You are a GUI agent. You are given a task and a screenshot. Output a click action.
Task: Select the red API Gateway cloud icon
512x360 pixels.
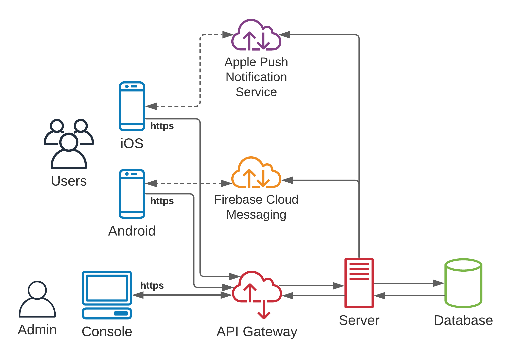coord(256,289)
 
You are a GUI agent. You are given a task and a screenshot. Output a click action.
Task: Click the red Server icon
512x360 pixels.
coord(359,283)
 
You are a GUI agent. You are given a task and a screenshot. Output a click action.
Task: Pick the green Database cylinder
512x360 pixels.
coord(463,283)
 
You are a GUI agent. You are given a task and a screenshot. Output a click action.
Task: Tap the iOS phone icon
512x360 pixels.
coord(132,106)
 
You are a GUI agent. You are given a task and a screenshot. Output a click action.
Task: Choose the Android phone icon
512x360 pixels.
coord(132,194)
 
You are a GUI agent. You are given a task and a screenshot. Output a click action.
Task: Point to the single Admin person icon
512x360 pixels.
coord(37,299)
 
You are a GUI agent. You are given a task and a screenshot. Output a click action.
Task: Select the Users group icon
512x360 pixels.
coord(69,143)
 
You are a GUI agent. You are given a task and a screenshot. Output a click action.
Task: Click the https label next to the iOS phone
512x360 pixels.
coord(162,126)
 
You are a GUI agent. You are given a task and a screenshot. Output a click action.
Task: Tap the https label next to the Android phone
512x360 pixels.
coord(162,201)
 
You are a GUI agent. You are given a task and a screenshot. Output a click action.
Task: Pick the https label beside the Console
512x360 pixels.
coord(152,286)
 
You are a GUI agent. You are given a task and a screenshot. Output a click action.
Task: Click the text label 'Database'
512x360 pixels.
coord(463,320)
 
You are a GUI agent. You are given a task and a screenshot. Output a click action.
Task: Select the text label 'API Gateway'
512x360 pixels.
coord(257,332)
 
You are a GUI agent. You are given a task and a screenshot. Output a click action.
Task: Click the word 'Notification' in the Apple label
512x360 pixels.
coord(256,77)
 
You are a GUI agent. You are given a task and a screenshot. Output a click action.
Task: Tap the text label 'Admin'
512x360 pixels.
coord(37,330)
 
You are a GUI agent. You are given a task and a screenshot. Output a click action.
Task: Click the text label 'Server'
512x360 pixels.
coord(359,320)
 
